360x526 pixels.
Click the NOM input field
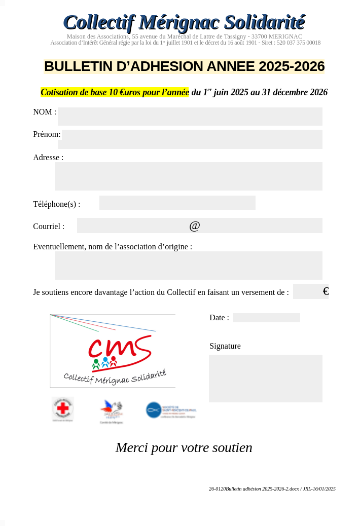(x=190, y=117)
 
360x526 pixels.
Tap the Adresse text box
(x=188, y=176)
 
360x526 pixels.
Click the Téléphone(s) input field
(x=177, y=203)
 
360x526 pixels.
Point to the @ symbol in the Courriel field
(x=195, y=226)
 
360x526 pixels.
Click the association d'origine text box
(x=188, y=266)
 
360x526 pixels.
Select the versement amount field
(x=307, y=291)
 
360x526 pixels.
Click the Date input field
(x=266, y=318)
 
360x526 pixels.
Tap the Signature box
(x=265, y=379)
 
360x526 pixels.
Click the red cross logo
(x=63, y=408)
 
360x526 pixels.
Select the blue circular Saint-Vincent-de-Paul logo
(x=154, y=410)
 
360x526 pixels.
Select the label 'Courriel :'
(x=49, y=227)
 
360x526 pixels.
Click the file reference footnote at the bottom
(x=272, y=489)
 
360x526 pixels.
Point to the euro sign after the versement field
(x=326, y=291)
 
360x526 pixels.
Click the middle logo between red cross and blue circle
(x=112, y=409)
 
